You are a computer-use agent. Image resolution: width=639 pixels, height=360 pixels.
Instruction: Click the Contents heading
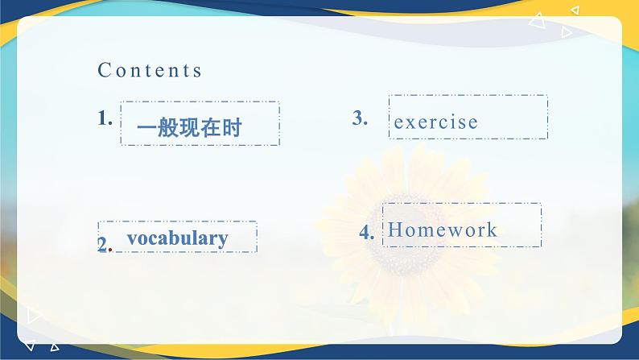pyautogui.click(x=150, y=70)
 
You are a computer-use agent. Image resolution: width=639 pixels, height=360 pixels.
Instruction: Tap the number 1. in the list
pyautogui.click(x=105, y=118)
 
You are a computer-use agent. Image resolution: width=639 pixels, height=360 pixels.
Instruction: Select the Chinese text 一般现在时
pyautogui.click(x=189, y=127)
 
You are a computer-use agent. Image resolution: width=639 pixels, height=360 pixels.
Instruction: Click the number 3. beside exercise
pyautogui.click(x=360, y=118)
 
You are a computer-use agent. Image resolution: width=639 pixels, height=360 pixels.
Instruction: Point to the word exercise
pyautogui.click(x=435, y=122)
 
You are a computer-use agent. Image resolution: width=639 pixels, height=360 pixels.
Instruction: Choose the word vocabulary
pyautogui.click(x=177, y=238)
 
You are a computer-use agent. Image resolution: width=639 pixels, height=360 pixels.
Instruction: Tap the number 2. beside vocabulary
pyautogui.click(x=105, y=245)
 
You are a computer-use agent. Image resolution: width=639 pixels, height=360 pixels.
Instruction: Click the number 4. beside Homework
pyautogui.click(x=367, y=233)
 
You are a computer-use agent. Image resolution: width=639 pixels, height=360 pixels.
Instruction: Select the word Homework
pyautogui.click(x=442, y=230)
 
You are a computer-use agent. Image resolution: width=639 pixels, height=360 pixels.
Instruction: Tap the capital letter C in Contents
pyautogui.click(x=104, y=70)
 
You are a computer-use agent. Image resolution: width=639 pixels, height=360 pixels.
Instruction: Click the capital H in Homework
pyautogui.click(x=394, y=230)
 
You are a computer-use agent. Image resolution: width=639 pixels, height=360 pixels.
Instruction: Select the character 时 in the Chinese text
pyautogui.click(x=233, y=127)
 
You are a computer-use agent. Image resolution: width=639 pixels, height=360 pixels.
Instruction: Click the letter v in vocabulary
pyautogui.click(x=132, y=239)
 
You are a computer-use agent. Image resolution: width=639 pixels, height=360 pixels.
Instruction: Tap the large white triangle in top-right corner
pyautogui.click(x=538, y=20)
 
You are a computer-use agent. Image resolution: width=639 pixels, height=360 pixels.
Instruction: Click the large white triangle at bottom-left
pyautogui.click(x=34, y=315)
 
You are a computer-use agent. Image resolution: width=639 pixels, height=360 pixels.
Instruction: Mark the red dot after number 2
pyautogui.click(x=110, y=248)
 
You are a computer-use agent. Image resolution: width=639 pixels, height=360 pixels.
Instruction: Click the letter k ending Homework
pyautogui.click(x=493, y=230)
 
